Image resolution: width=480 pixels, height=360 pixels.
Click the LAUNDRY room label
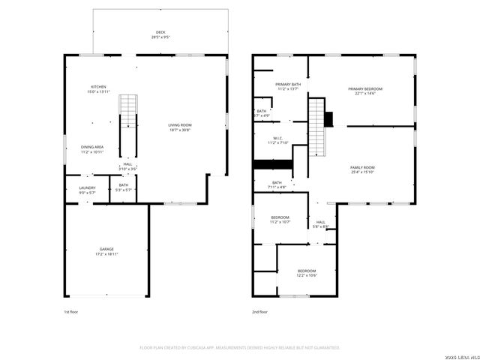[88, 190]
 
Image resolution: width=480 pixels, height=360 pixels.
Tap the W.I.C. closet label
[277, 140]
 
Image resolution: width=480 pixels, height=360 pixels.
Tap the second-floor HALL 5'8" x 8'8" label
[320, 224]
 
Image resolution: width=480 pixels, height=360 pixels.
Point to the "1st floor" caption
[70, 311]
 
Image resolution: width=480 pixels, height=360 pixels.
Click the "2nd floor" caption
[259, 311]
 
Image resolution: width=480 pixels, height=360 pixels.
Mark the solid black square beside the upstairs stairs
[328, 118]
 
